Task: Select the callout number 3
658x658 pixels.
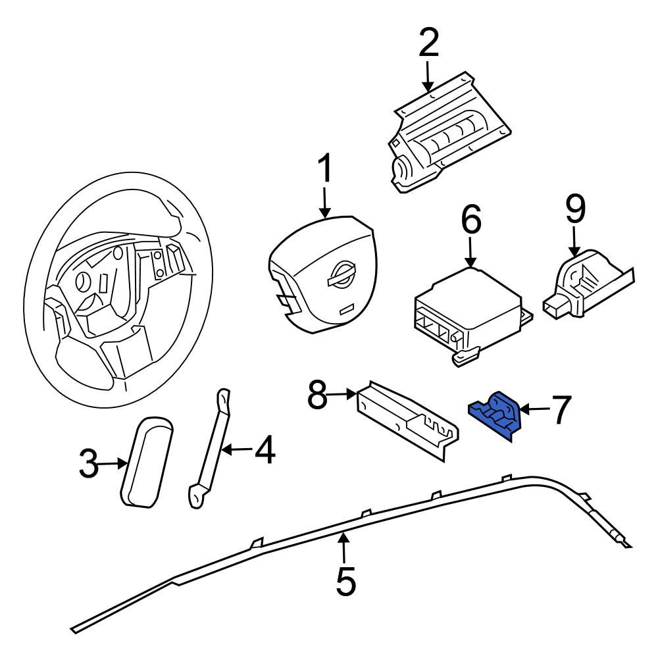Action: point(88,465)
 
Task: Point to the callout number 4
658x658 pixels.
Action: point(265,451)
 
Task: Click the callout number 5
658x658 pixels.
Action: point(345,580)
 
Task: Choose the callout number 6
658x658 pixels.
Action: point(471,220)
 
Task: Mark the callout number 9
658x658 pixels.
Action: point(574,209)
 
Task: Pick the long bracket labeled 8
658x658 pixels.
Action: point(408,418)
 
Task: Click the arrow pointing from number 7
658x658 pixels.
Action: point(534,409)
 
